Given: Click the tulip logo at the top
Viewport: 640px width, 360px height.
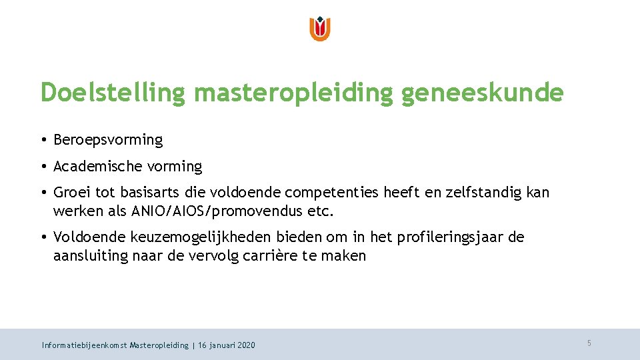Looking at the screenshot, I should [320, 29].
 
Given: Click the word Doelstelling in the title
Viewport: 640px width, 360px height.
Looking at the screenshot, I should [112, 93].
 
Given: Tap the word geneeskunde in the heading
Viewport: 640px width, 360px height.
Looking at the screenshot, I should [482, 93].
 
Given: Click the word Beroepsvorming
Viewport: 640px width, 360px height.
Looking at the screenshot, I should [108, 140].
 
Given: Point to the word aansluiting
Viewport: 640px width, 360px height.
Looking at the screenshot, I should [90, 256].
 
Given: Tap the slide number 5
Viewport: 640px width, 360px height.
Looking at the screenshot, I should [589, 343].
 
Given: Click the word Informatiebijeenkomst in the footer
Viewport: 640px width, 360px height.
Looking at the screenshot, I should [84, 345].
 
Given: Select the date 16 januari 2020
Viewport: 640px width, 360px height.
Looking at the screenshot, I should [227, 345].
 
